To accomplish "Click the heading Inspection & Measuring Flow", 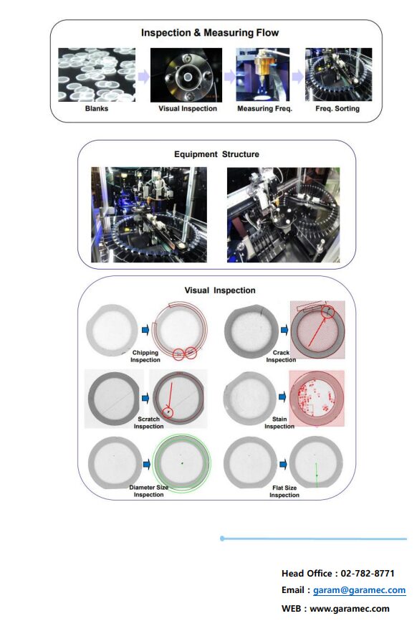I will click(210, 32).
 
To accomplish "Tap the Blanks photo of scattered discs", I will click(97, 75).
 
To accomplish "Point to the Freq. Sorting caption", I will click(338, 109).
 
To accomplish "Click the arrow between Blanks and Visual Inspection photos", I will click(143, 75).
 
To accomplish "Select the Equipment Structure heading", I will click(216, 154).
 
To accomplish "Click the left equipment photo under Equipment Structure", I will click(148, 214).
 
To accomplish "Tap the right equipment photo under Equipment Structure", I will click(283, 214).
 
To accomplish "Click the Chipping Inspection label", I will click(145, 356).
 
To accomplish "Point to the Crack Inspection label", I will click(281, 356).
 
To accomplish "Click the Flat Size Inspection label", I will click(284, 491).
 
